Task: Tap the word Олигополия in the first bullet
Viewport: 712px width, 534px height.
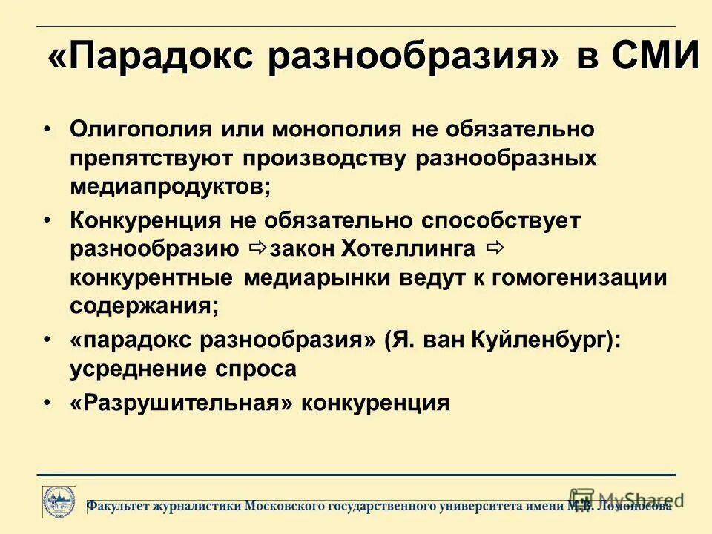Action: [x=138, y=129]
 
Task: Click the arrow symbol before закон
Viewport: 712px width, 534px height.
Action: [x=257, y=248]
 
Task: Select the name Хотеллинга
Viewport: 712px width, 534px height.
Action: [x=407, y=248]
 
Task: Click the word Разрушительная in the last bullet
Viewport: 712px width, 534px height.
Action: [x=182, y=403]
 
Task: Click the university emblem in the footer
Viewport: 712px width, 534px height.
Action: [x=57, y=503]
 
